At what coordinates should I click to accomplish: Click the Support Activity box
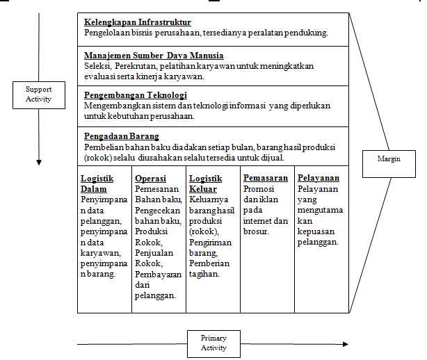38,94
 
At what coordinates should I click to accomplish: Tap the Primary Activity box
213,343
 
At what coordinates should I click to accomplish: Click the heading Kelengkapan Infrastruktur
138,23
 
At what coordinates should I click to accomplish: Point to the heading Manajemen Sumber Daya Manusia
154,56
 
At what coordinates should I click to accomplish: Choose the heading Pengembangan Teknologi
135,95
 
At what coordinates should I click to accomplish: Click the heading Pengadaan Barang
122,136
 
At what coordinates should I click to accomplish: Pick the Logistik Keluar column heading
206,183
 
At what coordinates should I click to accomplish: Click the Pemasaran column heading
266,179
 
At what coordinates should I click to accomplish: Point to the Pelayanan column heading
319,179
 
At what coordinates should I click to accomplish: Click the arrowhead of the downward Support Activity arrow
38,162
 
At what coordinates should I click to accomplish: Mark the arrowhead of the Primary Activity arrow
346,344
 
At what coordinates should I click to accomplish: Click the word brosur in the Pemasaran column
257,231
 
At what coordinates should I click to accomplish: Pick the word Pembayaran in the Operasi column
159,274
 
